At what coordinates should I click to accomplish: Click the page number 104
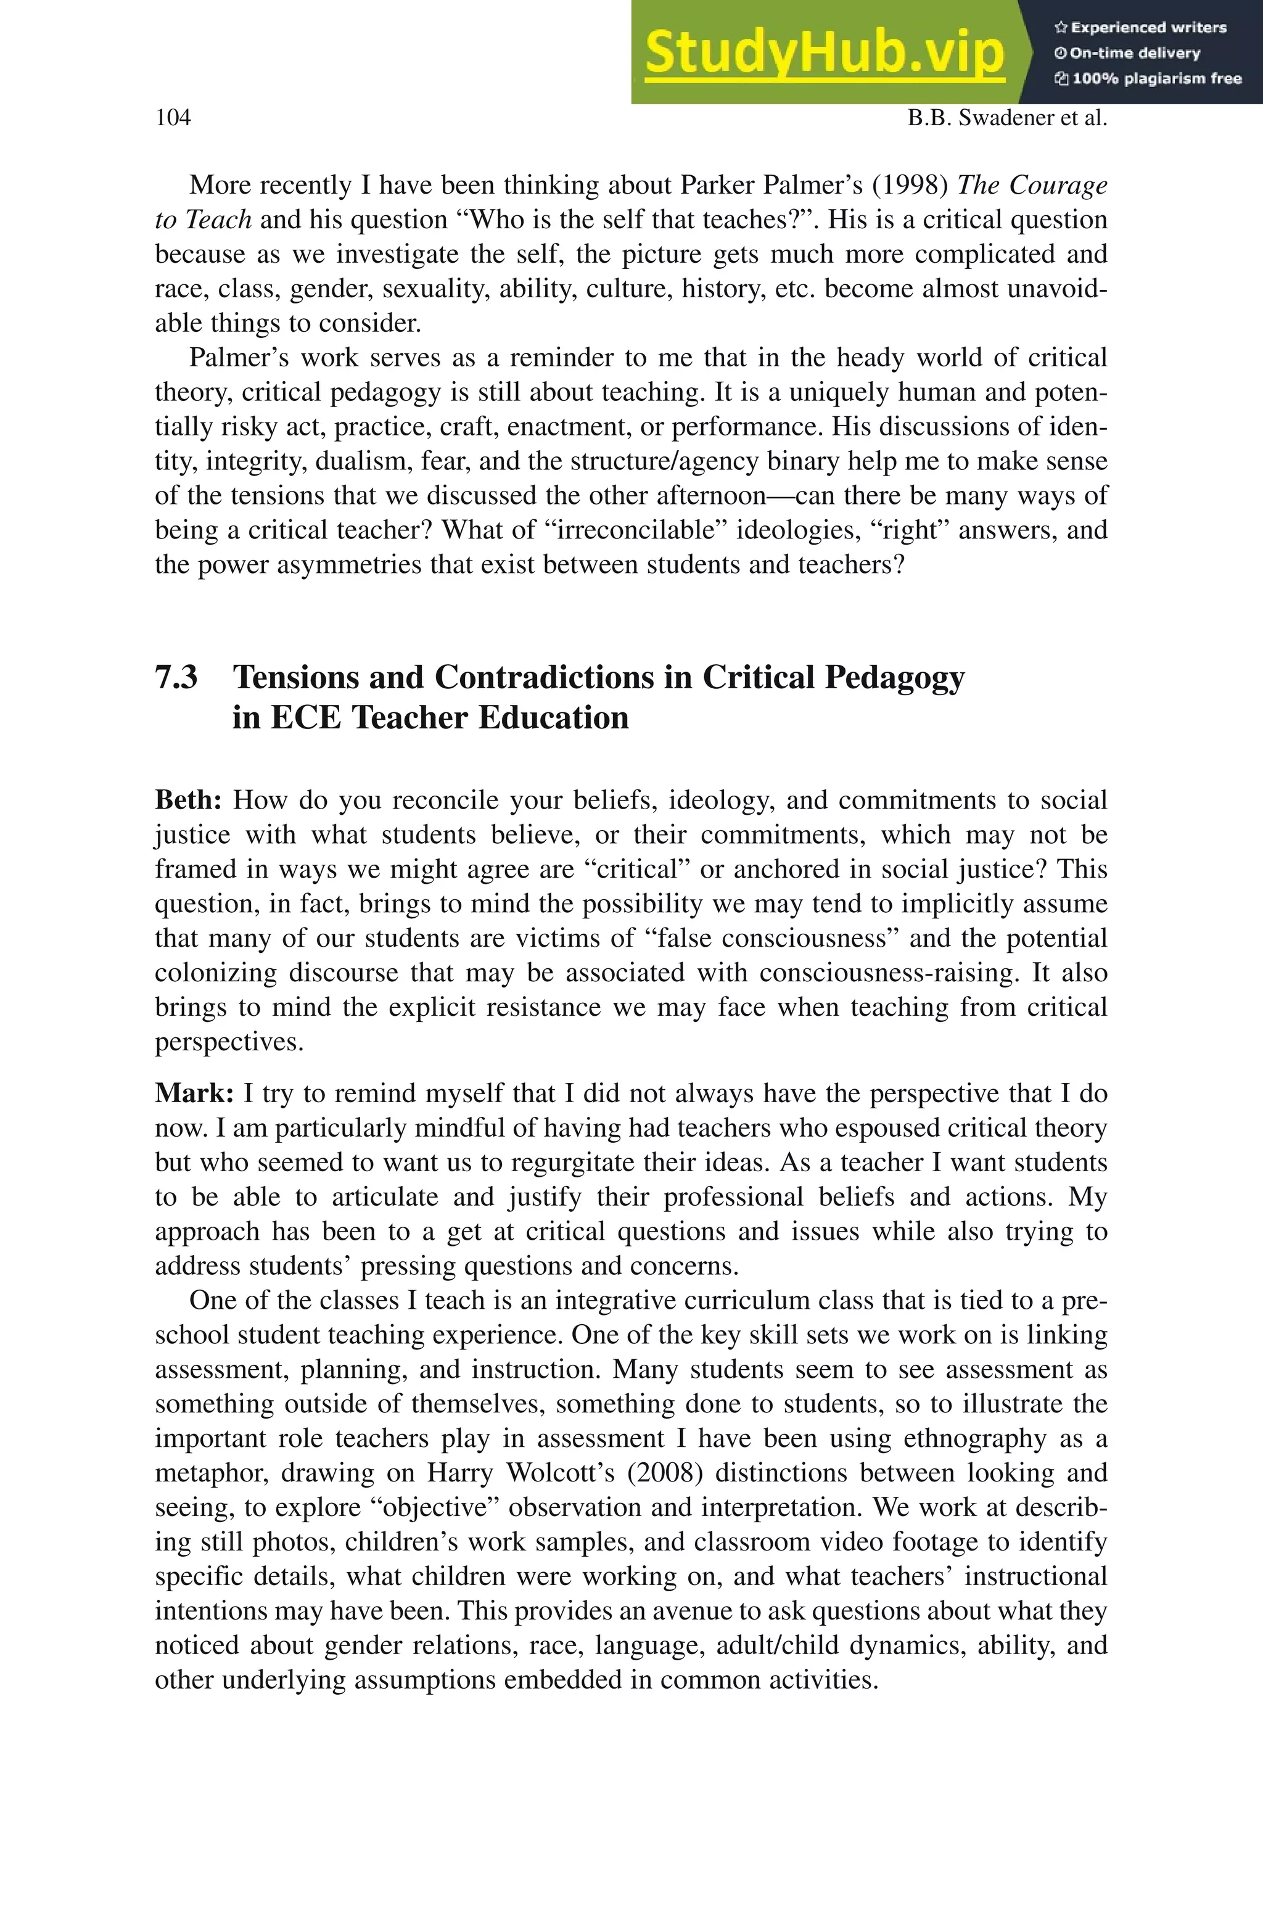(x=173, y=118)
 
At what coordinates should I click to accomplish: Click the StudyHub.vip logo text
(x=824, y=52)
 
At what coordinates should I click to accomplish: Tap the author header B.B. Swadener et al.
(x=1007, y=118)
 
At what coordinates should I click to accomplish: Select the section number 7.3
(x=176, y=677)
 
